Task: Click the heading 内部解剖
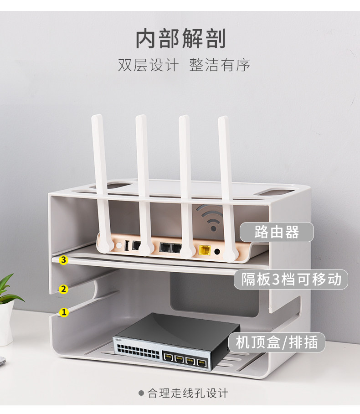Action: pos(180,39)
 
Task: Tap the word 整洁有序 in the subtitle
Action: pos(220,64)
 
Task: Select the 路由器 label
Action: pos(277,232)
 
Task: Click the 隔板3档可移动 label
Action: pos(291,279)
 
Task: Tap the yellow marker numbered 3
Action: pos(64,260)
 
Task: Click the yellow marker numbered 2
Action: pos(64,289)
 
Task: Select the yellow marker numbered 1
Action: pos(64,312)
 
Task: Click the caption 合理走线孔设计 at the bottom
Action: pos(188,393)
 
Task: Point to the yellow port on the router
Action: pos(205,249)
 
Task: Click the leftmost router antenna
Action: pos(101,178)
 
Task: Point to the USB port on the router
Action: pos(126,245)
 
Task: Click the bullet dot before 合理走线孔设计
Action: pos(141,393)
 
